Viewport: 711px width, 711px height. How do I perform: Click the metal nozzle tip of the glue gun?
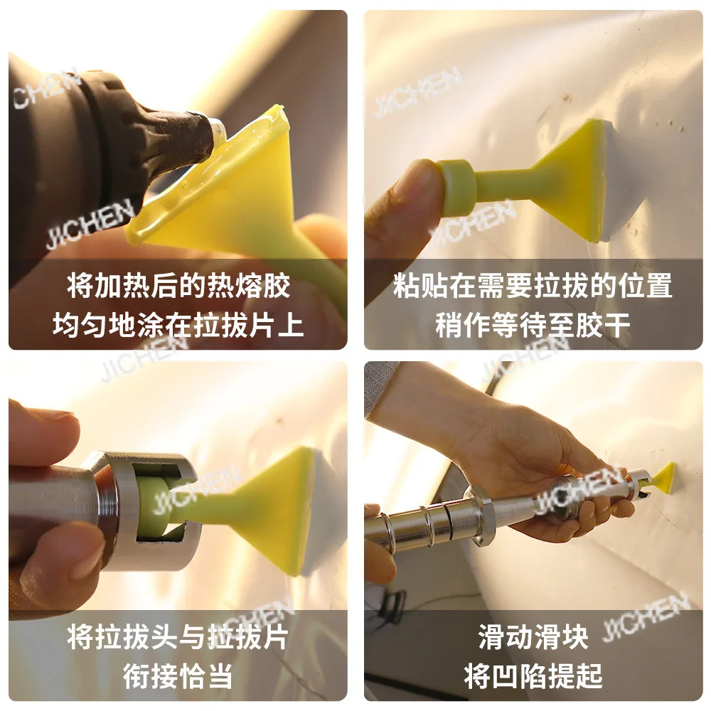coord(218,131)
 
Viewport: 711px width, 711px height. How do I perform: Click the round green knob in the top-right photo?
coord(456,188)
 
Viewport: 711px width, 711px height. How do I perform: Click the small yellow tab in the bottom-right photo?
coord(663,479)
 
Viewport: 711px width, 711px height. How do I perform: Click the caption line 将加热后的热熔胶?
coord(178,286)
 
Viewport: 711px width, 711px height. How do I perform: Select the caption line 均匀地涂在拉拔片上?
coord(178,325)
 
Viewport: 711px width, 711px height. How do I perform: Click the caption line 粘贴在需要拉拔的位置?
coord(533,286)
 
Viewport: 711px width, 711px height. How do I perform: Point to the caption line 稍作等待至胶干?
coord(533,325)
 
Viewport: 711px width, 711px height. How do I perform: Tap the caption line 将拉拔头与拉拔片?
coord(178,637)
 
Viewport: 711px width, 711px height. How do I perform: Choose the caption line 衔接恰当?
coord(178,676)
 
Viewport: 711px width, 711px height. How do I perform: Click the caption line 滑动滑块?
coord(533,637)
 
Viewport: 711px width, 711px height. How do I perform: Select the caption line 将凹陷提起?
coord(533,676)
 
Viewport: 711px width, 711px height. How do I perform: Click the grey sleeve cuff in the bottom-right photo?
coord(379,387)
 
